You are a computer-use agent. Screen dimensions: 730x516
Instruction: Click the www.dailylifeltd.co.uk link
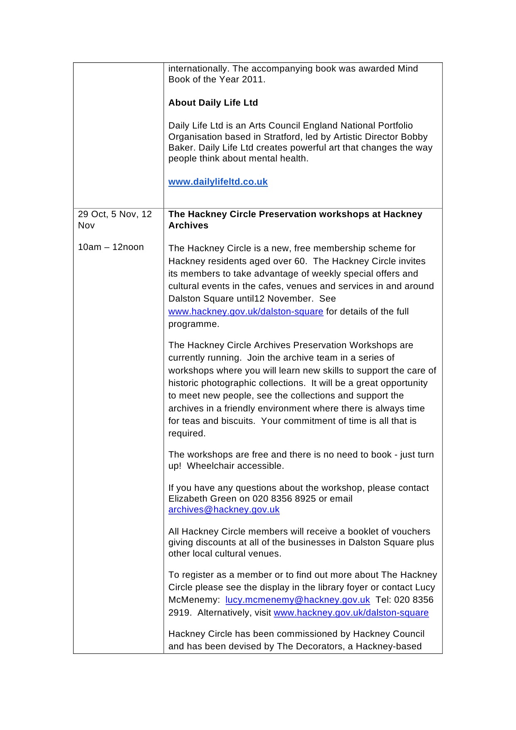(218, 182)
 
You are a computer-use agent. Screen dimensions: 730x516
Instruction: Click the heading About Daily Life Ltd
(213, 103)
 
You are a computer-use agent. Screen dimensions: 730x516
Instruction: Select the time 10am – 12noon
(111, 247)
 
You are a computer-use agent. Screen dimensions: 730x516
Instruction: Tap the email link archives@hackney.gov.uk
(224, 510)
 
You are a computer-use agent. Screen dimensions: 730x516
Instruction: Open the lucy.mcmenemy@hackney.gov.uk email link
(297, 600)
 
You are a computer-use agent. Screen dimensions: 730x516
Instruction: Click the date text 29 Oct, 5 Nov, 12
(115, 214)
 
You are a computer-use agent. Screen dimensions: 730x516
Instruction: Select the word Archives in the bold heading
(188, 225)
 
